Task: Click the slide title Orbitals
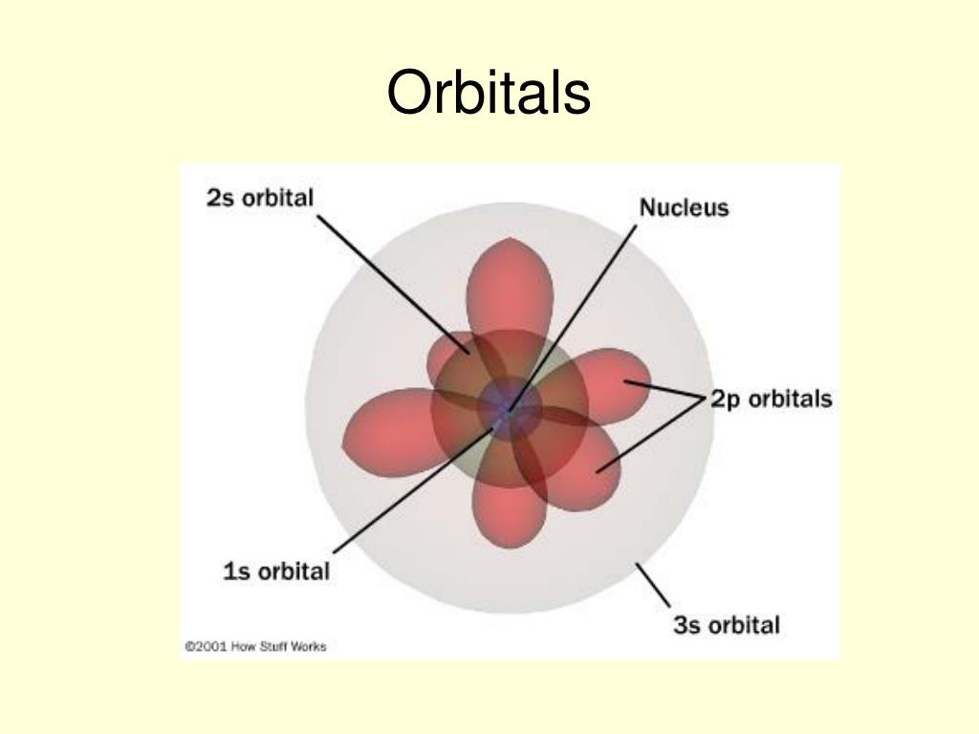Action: pos(489,94)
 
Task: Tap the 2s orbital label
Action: pos(260,199)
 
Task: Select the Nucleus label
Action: pos(684,207)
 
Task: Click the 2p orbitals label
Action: pos(771,399)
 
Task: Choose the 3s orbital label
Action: pos(726,626)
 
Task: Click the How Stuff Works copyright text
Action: pos(254,647)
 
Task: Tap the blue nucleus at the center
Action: pos(508,410)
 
